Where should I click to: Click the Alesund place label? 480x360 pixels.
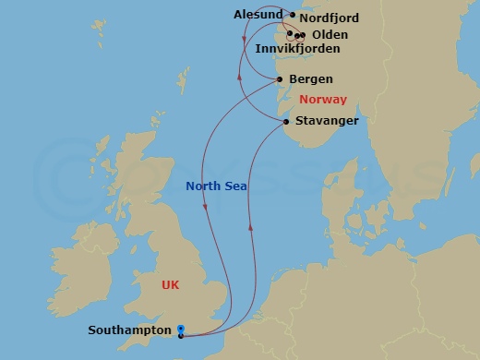pos(259,14)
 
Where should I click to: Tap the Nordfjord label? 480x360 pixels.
pos(330,18)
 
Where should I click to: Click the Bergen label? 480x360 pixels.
pos(311,79)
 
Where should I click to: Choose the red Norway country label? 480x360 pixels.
pos(323,100)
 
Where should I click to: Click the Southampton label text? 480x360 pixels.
pos(129,330)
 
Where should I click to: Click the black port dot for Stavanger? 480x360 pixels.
pos(287,122)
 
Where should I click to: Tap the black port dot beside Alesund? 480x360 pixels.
pos(293,15)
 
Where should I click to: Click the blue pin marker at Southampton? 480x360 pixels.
pos(181,328)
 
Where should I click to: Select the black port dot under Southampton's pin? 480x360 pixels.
pos(181,336)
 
